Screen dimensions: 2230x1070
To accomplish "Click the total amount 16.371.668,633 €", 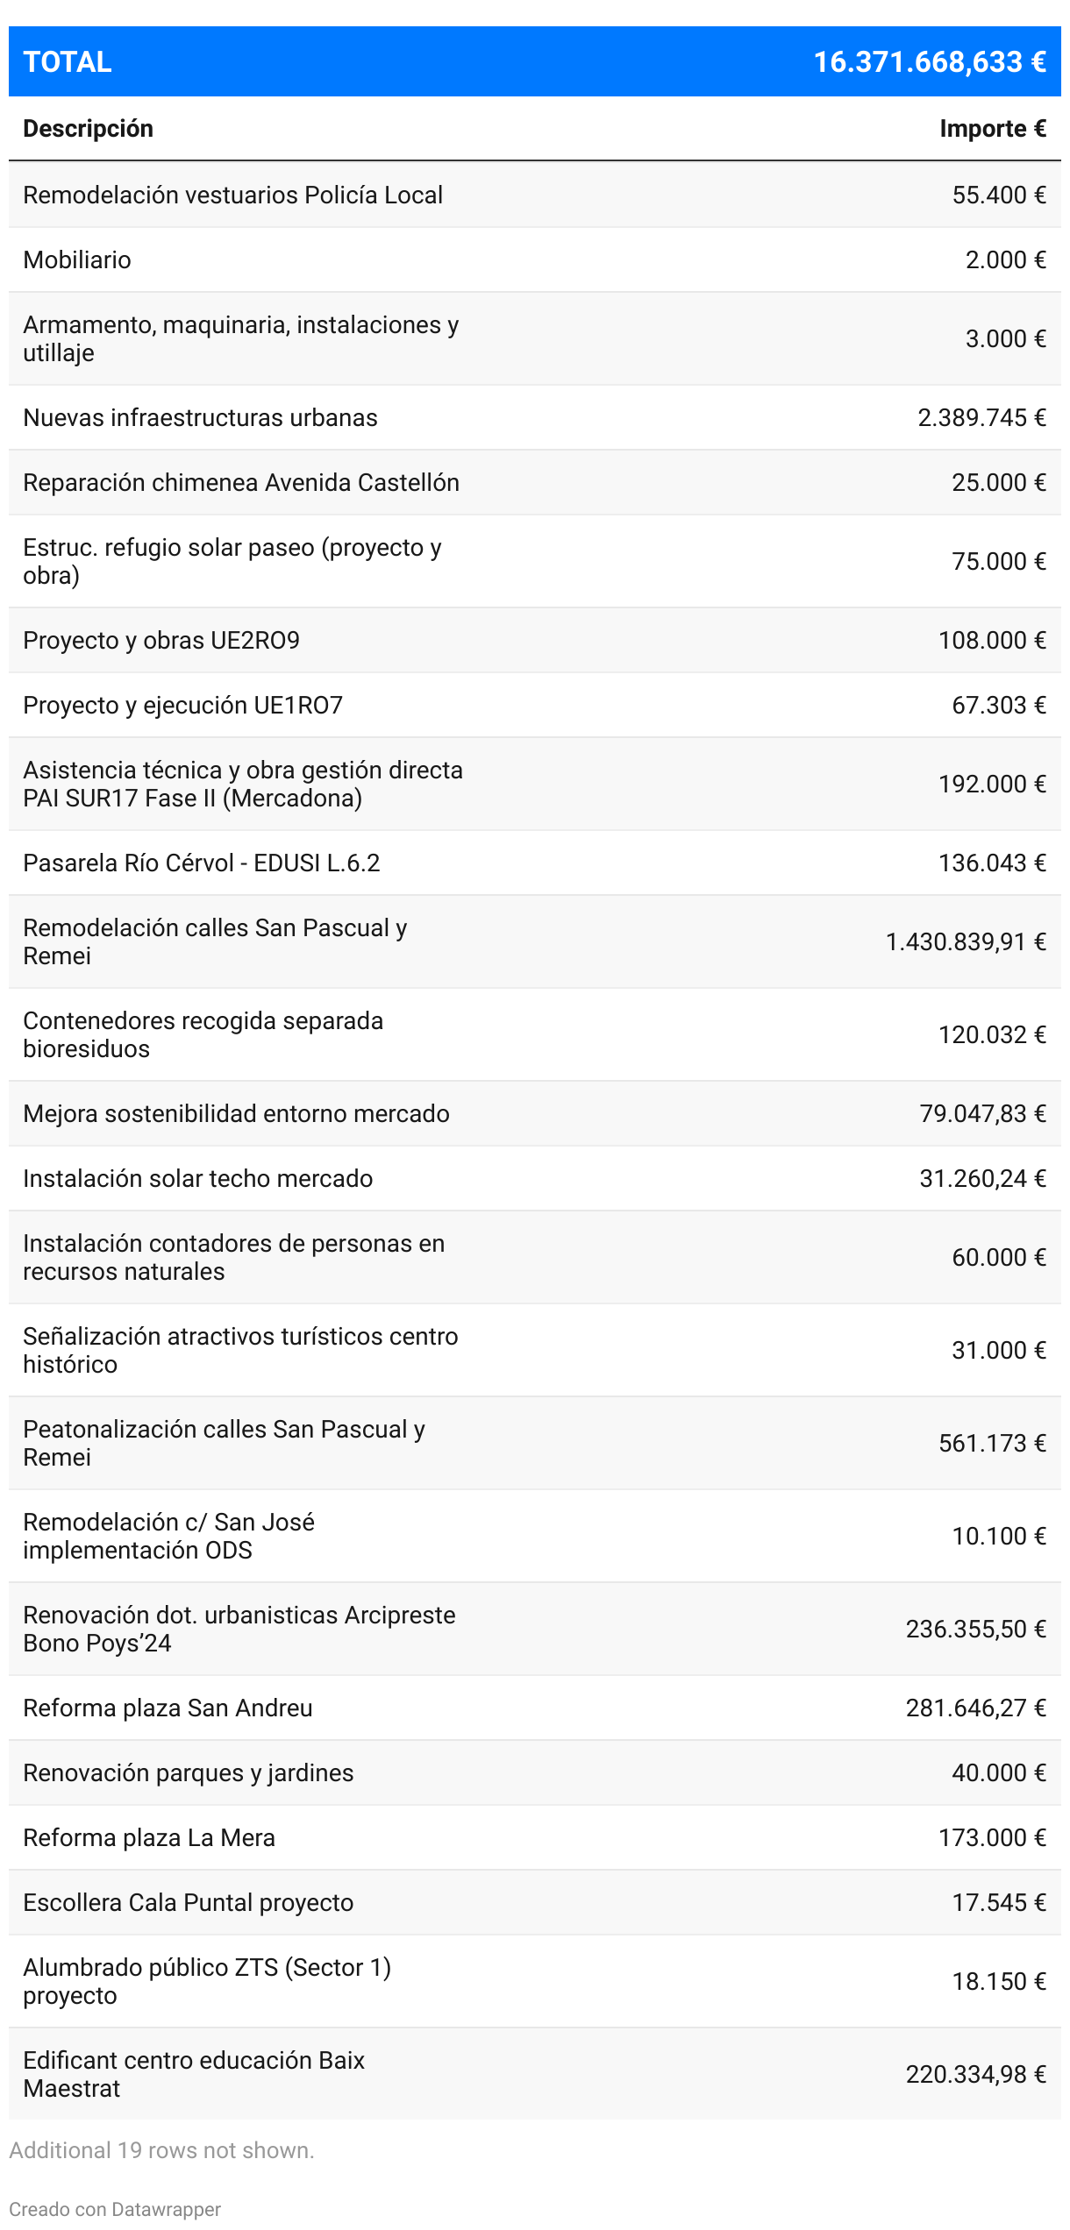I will [929, 62].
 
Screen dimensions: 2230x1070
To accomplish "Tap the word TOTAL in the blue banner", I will [68, 62].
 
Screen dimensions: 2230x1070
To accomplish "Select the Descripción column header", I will [88, 129].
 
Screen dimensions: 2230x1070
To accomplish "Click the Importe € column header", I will [992, 129].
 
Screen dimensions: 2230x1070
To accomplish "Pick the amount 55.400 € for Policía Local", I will [998, 195].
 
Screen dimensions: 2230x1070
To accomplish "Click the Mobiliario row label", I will [77, 259].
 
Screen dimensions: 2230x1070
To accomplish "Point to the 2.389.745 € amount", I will [981, 417].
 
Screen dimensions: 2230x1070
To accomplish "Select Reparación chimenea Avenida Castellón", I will [241, 482].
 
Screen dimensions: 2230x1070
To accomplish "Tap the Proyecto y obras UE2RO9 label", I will [161, 640].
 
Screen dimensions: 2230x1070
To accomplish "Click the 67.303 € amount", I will [998, 705].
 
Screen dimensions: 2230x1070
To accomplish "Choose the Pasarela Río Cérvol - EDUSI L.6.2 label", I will [202, 863].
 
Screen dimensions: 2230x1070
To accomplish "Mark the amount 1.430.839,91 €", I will [965, 941].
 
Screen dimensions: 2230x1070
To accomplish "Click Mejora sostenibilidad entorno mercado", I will [236, 1113].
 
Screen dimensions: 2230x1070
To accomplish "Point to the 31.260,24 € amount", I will [982, 1178].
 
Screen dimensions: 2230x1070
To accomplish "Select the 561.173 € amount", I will [992, 1443].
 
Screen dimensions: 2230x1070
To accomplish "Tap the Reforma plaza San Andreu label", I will [168, 1708].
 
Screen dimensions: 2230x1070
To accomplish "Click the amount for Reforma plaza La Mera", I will [992, 1837].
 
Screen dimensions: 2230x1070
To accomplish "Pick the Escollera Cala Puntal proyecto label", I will [189, 1902].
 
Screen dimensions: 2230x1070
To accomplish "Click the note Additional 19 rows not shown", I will [161, 2150].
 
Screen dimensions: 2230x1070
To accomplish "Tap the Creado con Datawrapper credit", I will [115, 2209].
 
